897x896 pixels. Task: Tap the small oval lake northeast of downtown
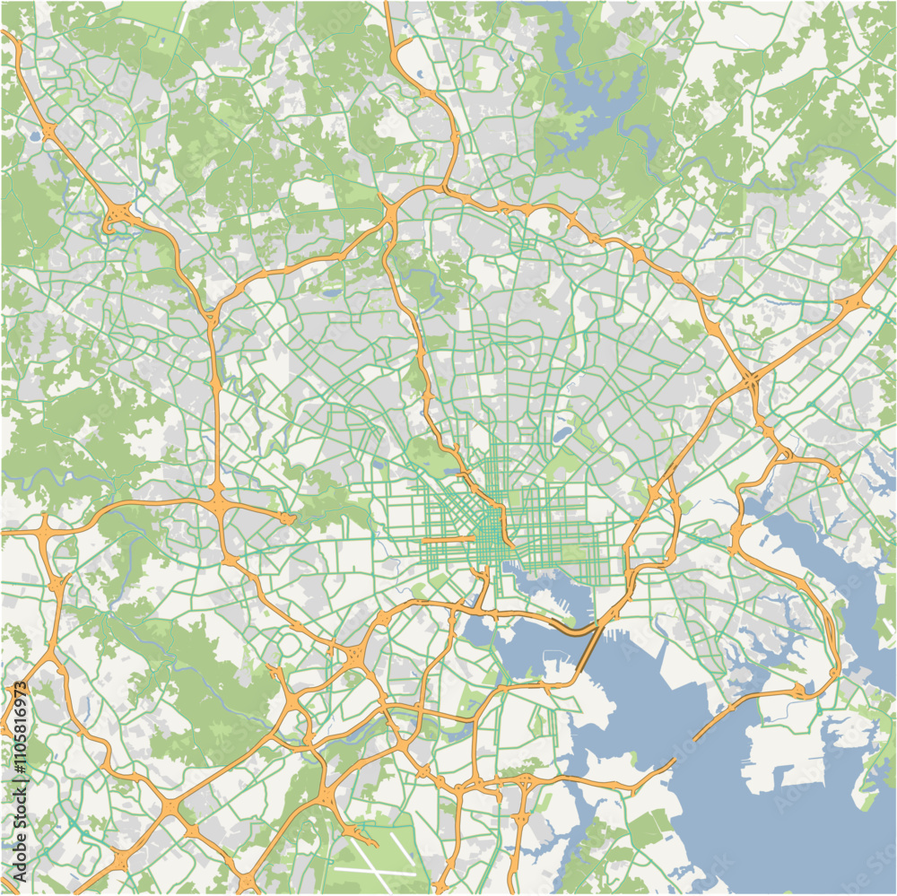[562, 436]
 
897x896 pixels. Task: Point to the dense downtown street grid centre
[489, 529]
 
